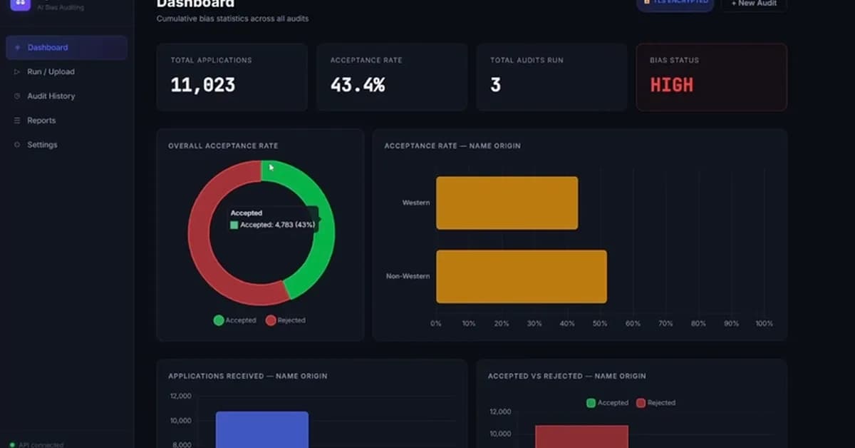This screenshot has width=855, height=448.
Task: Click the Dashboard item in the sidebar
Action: (48, 48)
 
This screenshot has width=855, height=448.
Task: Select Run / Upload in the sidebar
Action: (51, 72)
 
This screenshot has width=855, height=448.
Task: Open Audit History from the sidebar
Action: (51, 96)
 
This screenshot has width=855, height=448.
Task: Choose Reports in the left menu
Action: (41, 121)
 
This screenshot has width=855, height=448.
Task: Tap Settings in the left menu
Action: (42, 145)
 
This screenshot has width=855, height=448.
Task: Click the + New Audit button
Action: (754, 4)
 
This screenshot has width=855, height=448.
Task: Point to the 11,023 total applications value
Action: (202, 86)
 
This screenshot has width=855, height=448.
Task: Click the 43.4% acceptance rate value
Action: (357, 86)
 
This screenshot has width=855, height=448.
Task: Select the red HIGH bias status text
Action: (671, 86)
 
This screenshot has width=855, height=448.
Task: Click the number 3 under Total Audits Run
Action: (495, 86)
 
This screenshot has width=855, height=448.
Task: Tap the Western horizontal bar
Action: (507, 203)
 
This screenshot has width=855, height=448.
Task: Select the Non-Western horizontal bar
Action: (521, 276)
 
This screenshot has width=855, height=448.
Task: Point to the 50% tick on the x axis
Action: (600, 324)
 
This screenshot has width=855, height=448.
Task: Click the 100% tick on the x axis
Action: (764, 324)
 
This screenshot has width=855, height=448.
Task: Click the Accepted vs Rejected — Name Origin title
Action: (566, 376)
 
